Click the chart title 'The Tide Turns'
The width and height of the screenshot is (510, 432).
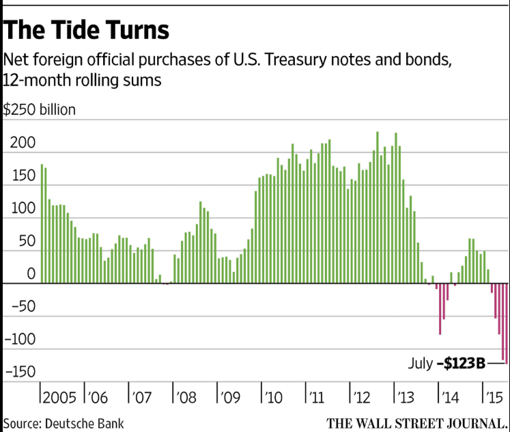(x=87, y=31)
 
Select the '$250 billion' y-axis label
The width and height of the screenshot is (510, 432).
(x=40, y=109)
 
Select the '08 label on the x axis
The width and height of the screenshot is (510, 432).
(x=186, y=397)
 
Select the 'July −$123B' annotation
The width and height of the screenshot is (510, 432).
(x=447, y=364)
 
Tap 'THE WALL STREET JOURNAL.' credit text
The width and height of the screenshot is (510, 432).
(x=417, y=422)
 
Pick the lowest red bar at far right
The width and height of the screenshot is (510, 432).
(x=506, y=323)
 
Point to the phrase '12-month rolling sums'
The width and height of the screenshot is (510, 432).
(x=83, y=80)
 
